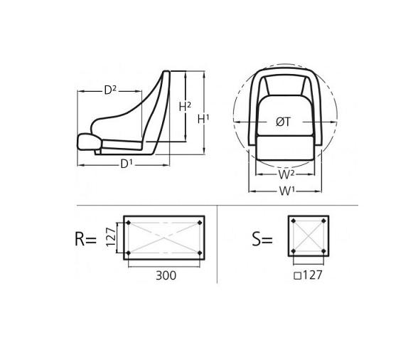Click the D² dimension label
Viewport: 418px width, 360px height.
click(110, 90)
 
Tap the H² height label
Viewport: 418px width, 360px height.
click(185, 107)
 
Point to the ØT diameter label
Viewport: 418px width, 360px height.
click(283, 122)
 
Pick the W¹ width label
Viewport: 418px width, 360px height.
click(286, 191)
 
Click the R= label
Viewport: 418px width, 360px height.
click(85, 239)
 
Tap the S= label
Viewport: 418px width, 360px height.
click(262, 239)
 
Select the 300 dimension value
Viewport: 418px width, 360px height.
click(166, 275)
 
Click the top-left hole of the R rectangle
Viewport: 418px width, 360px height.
click(128, 223)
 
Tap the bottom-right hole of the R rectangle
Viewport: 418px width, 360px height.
click(200, 253)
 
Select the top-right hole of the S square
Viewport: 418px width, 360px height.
click(323, 223)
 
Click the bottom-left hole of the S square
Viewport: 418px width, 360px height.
click(293, 253)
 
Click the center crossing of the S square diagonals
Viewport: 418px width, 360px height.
click(309, 238)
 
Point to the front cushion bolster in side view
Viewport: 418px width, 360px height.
click(88, 142)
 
